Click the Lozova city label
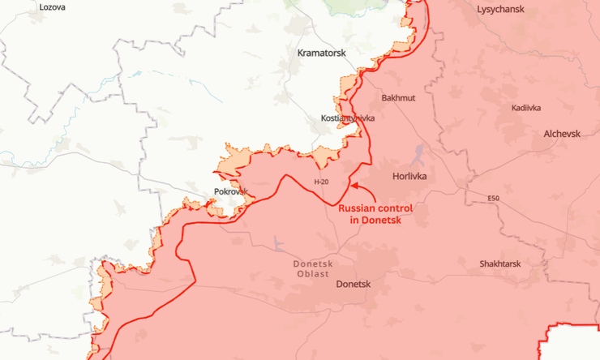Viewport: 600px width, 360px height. (x=53, y=6)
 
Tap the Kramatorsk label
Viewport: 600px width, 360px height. (x=321, y=53)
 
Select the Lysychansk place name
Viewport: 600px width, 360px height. (x=500, y=10)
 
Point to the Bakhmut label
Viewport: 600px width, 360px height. (x=398, y=98)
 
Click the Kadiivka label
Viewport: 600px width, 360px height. (x=527, y=108)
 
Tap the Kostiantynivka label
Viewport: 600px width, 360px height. (x=348, y=118)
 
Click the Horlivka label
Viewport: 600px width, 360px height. (x=409, y=175)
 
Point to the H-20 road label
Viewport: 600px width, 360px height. (x=321, y=182)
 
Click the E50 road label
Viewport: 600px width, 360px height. (x=494, y=198)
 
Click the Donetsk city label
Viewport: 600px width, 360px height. (x=353, y=285)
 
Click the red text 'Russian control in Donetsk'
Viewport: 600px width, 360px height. (x=375, y=214)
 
